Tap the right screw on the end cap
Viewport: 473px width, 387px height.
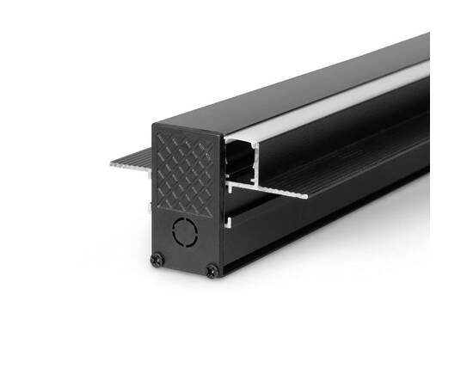pyautogui.click(x=211, y=272)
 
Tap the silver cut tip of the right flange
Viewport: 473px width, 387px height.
pyautogui.click(x=303, y=195)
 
